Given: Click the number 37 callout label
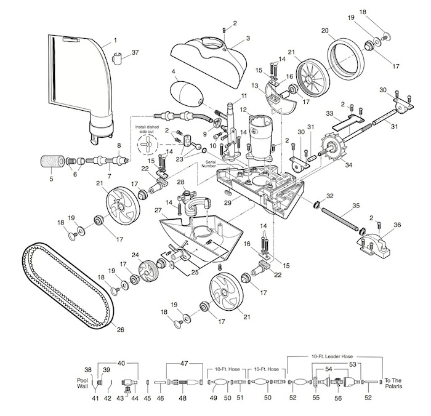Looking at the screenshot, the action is click(135, 52).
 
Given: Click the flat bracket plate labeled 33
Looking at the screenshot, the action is click(348, 123).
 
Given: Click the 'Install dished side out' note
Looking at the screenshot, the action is click(147, 129).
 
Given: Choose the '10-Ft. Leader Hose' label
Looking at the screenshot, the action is click(332, 356).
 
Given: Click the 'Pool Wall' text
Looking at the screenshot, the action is click(82, 383).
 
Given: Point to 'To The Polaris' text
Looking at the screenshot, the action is click(393, 383).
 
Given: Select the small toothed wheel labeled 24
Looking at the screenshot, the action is click(148, 271).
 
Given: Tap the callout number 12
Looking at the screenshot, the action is click(243, 110).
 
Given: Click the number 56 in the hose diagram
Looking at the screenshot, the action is click(338, 398).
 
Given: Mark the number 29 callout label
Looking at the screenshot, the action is click(228, 203).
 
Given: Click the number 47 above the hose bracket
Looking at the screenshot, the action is click(184, 363).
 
